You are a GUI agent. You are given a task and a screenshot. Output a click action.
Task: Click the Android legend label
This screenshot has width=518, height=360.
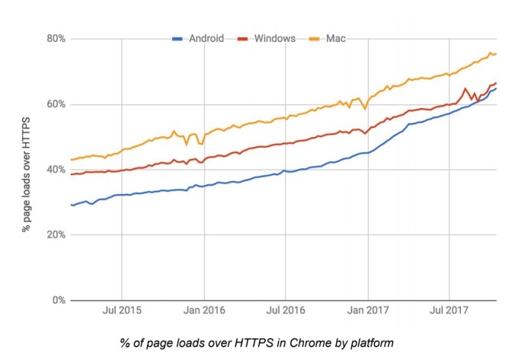point(205,38)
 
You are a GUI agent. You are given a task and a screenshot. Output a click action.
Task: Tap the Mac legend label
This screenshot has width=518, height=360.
point(337,38)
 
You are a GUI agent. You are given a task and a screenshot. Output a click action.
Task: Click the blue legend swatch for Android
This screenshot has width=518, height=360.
point(177,38)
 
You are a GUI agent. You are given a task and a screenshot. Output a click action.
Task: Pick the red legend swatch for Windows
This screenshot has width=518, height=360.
point(242,38)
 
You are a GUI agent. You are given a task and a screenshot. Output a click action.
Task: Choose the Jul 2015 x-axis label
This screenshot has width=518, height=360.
point(122,311)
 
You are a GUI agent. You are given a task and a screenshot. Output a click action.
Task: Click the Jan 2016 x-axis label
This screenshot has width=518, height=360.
point(203,311)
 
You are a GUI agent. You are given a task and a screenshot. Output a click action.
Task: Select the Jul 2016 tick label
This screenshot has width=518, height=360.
point(285,311)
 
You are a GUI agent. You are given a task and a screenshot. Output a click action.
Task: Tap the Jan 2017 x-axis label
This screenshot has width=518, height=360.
point(367,311)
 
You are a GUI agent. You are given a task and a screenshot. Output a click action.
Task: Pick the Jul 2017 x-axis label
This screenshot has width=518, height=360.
point(449,311)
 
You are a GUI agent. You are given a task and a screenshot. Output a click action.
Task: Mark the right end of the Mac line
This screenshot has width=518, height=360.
point(497,53)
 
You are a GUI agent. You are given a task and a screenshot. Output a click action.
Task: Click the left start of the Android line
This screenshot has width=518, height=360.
point(71,205)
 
